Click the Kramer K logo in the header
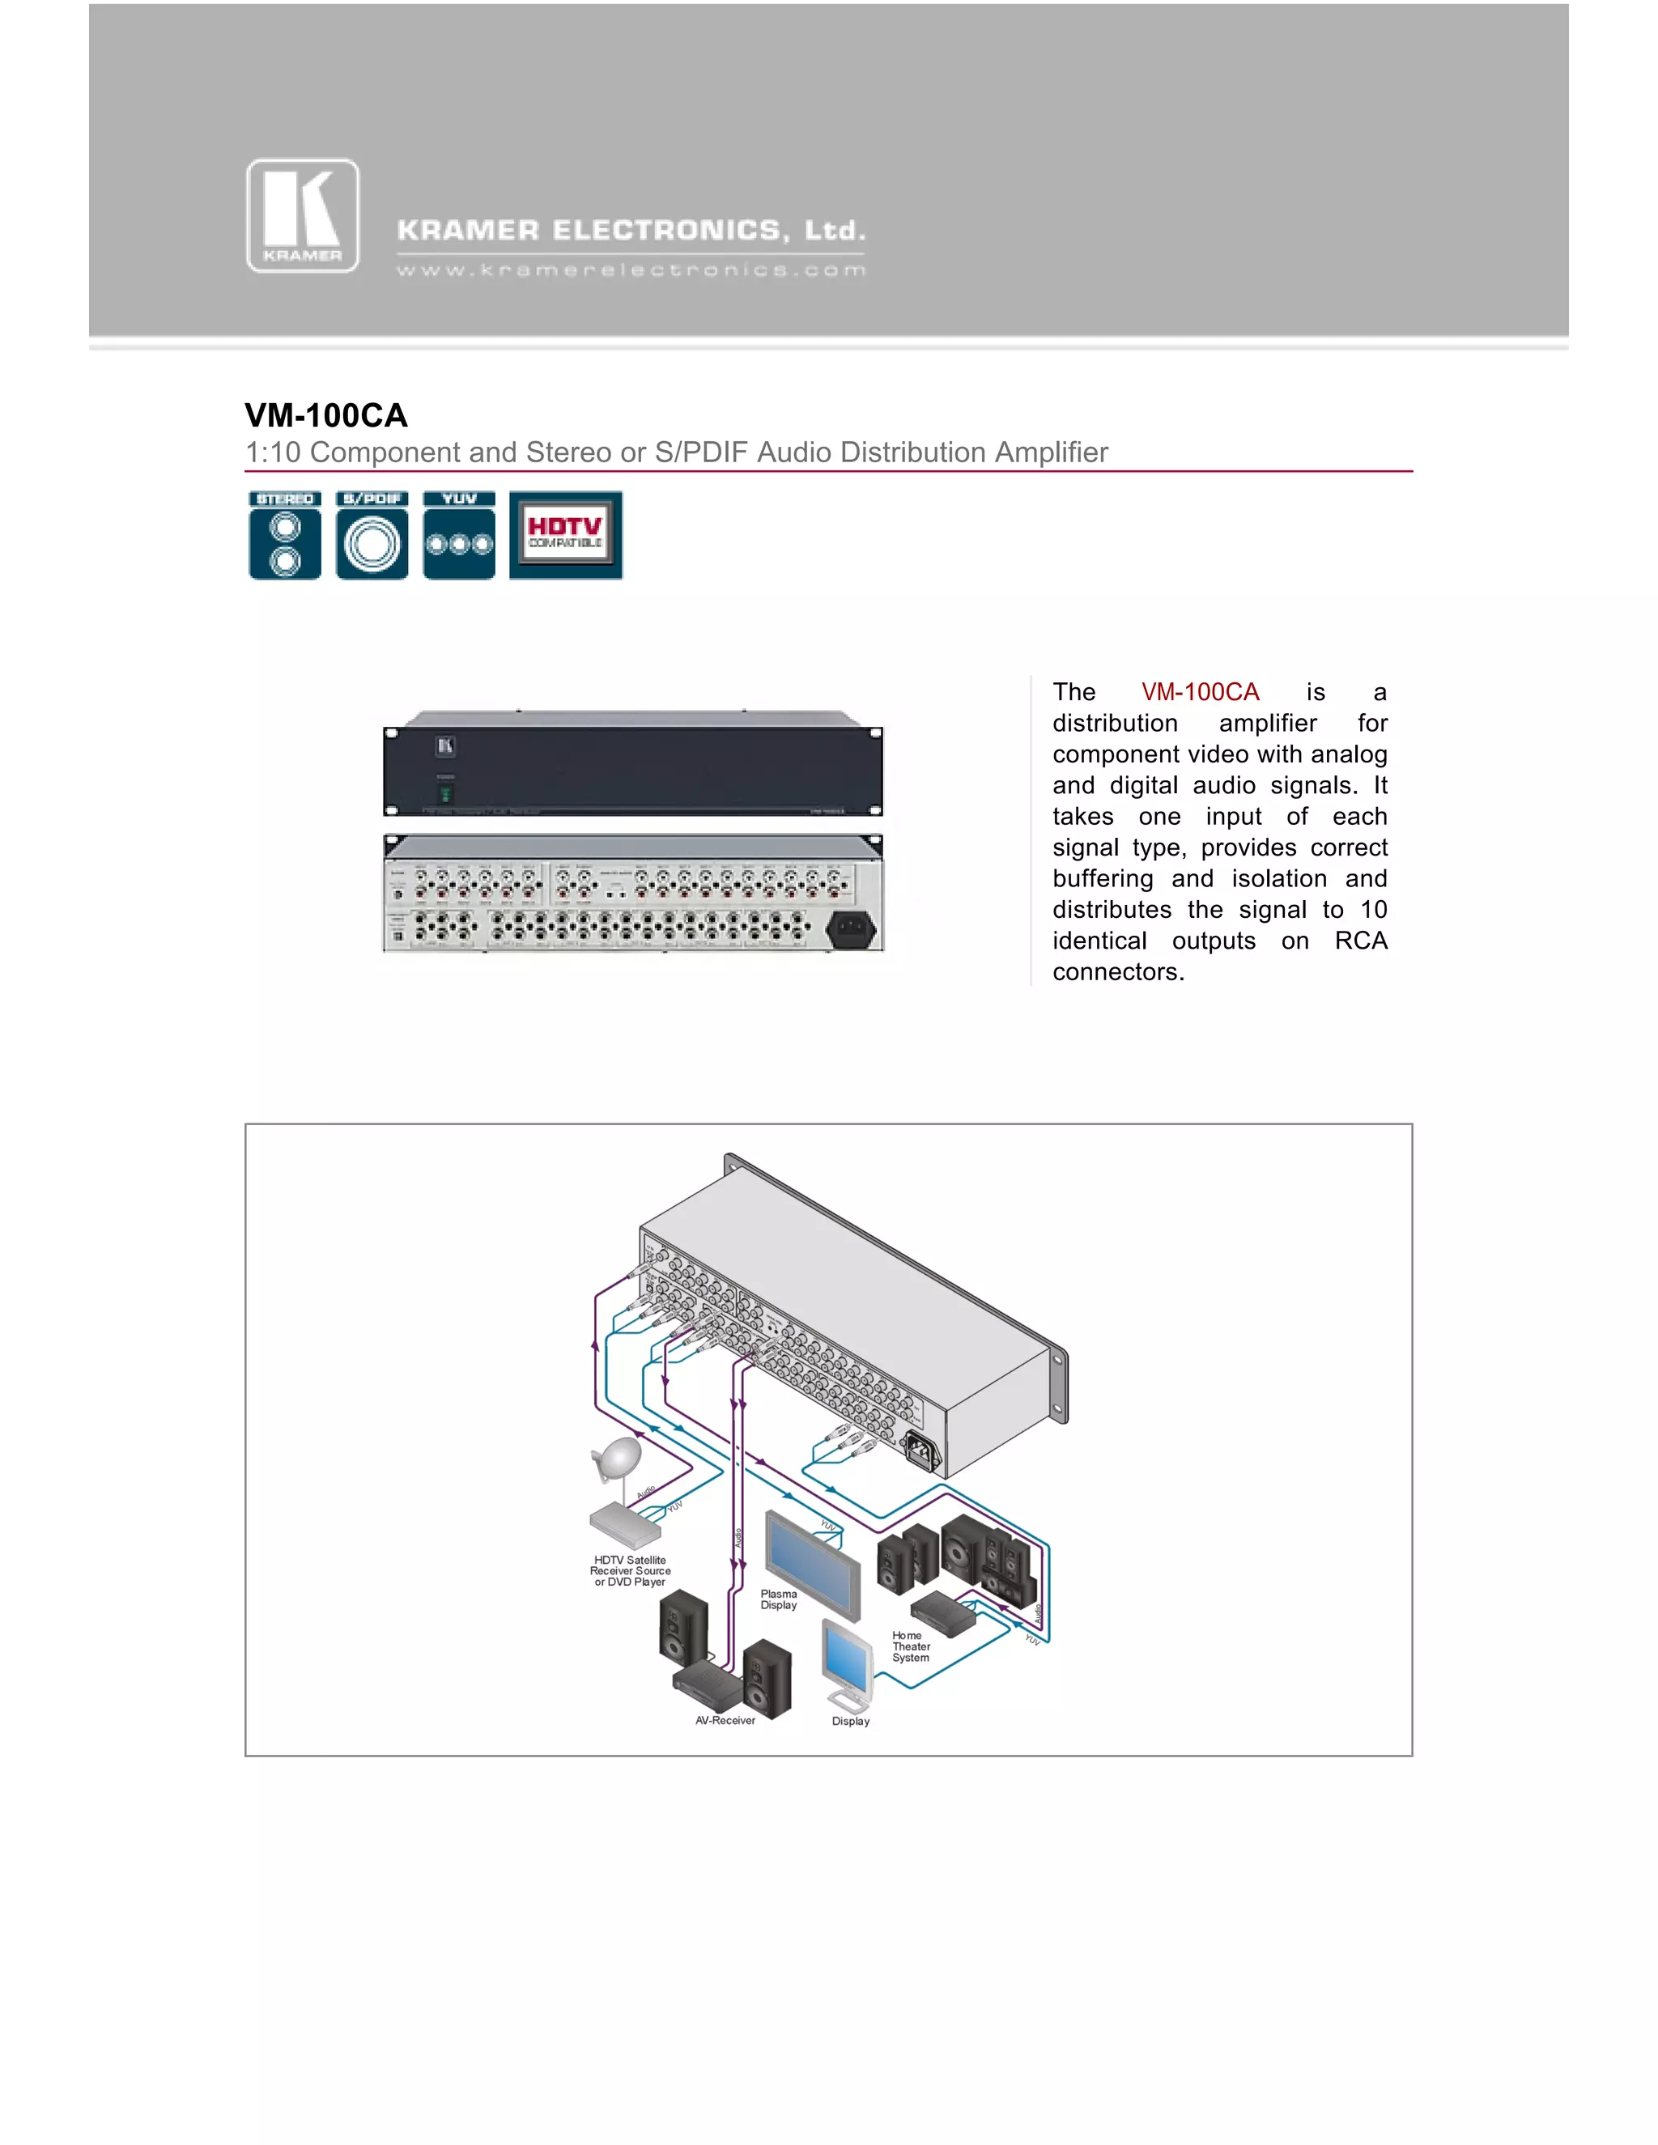tap(303, 216)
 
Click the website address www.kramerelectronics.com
tap(631, 270)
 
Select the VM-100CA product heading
tap(326, 415)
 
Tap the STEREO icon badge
tap(285, 535)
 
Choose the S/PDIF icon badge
tap(372, 535)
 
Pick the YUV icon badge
tap(459, 535)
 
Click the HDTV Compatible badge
tap(566, 535)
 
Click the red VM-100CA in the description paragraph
tap(1199, 692)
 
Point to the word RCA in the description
tap(1360, 941)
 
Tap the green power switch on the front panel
tap(445, 792)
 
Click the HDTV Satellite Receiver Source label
tap(630, 1570)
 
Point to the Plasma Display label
tap(779, 1599)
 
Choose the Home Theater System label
tap(911, 1646)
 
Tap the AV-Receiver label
tap(725, 1721)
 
